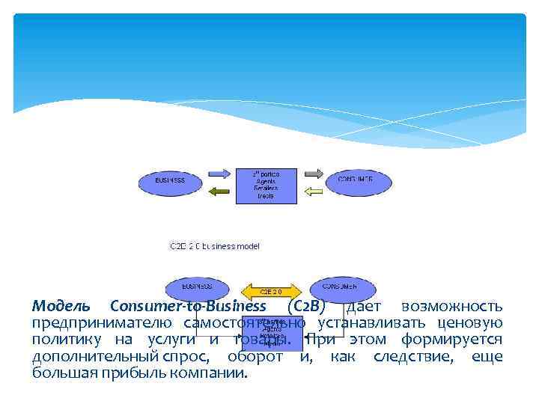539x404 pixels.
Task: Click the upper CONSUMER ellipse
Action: pos(355,180)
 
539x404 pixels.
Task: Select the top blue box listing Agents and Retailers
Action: pos(266,184)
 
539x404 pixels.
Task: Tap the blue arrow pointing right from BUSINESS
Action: pos(221,174)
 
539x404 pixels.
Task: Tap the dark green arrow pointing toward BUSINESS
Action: pos(220,192)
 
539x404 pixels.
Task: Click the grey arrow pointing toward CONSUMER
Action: pos(313,174)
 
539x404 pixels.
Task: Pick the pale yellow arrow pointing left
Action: pos(312,192)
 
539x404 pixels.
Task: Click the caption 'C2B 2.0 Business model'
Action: pos(214,245)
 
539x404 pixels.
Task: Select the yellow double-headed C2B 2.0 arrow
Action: pos(269,291)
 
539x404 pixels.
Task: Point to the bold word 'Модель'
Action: pos(61,307)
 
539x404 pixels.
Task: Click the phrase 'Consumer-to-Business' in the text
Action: pos(187,307)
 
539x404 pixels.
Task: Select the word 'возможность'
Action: pos(452,307)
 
